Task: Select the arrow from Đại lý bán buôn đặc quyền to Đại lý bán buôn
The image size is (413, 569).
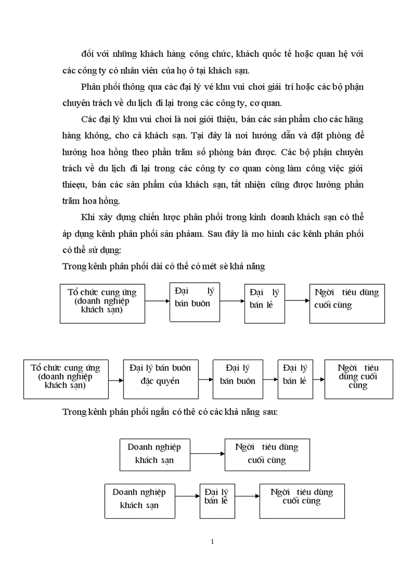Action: click(205, 380)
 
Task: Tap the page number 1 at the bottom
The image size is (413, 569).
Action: click(212, 542)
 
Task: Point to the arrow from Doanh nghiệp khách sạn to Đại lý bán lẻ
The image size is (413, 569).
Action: click(187, 497)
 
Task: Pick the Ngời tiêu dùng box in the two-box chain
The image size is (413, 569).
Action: click(267, 454)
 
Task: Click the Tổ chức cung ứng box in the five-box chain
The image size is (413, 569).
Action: click(65, 379)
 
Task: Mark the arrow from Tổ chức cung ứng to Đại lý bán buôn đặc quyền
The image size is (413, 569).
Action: click(115, 380)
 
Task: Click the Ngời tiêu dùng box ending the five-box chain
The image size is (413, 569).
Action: click(358, 380)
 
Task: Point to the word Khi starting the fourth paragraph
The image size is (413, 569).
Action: click(88, 217)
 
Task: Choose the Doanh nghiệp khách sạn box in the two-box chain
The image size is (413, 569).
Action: click(154, 454)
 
